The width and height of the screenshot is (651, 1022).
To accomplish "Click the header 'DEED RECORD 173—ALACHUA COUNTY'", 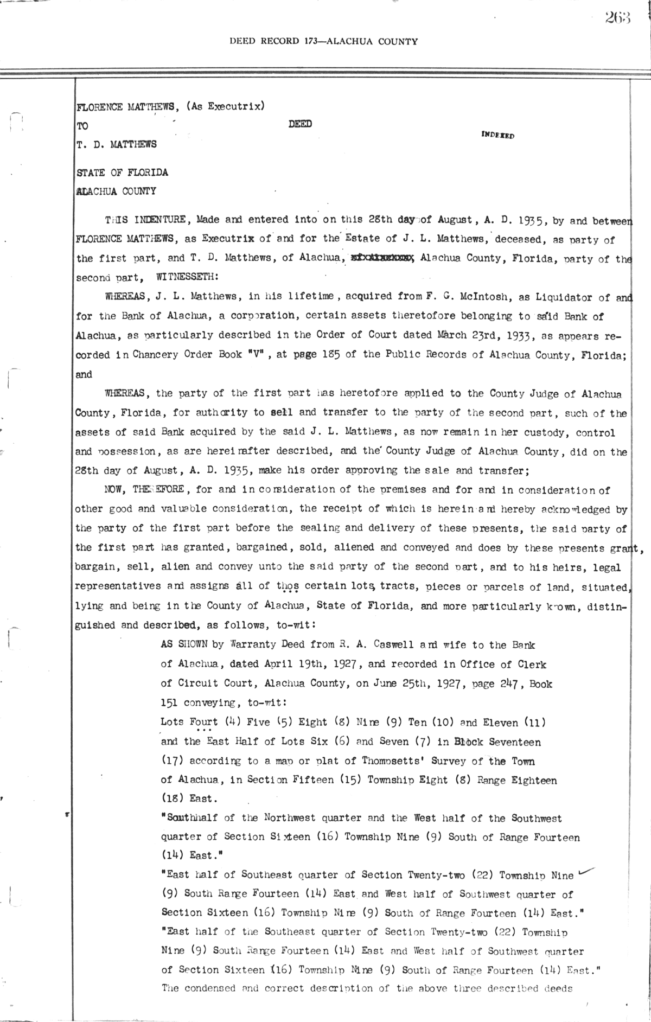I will [x=324, y=41].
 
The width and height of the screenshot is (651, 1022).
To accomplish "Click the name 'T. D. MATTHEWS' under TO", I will [x=117, y=144].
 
